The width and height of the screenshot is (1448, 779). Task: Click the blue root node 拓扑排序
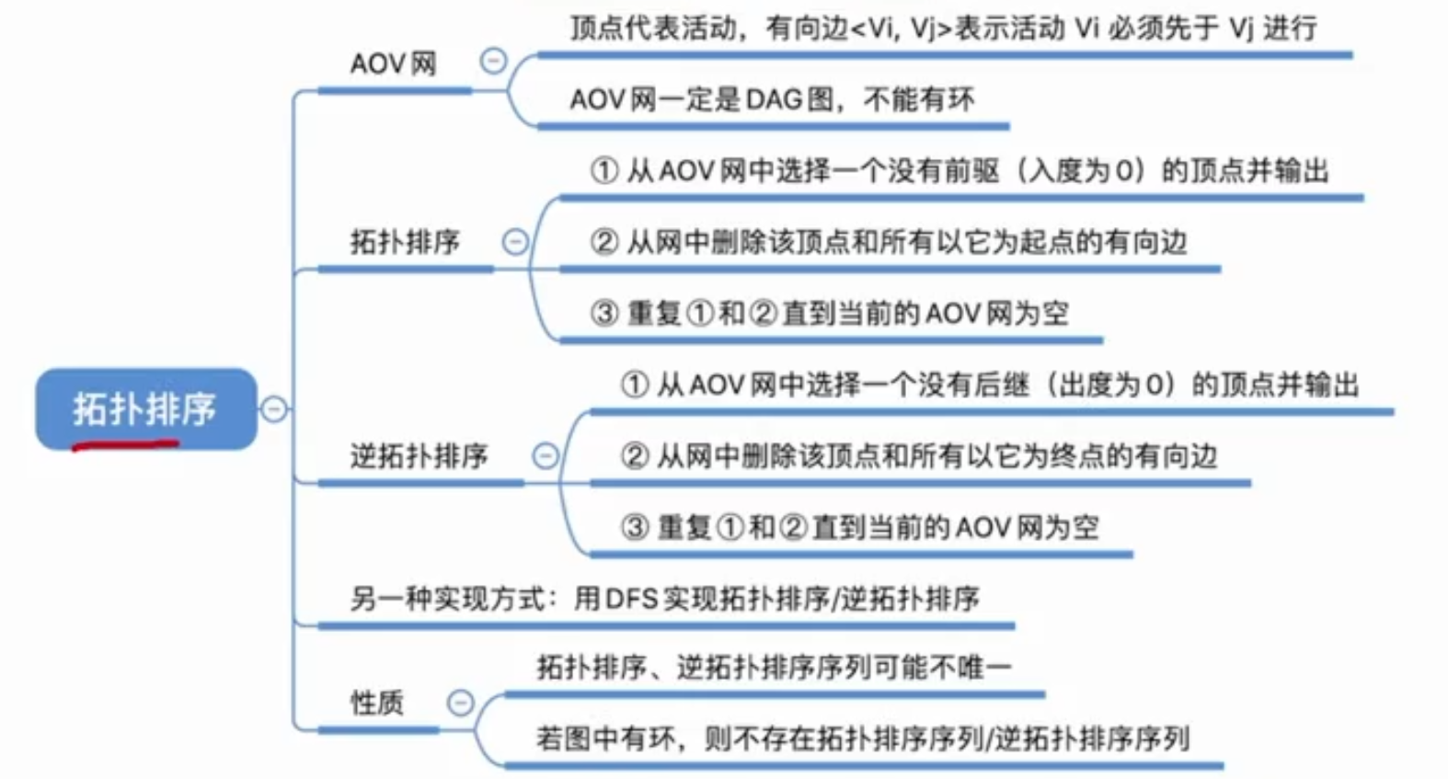coord(145,408)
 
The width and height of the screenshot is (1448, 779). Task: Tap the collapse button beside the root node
coord(273,408)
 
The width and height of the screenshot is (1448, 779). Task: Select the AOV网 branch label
coord(393,64)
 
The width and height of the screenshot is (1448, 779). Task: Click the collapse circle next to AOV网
coord(493,62)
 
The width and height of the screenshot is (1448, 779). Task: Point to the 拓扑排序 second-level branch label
coord(404,242)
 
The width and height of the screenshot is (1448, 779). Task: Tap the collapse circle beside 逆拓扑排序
coord(546,455)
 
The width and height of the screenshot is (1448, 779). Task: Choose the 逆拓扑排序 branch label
coord(419,455)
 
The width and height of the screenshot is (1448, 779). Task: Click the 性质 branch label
coord(376,703)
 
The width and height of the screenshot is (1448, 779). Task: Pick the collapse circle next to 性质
coord(460,703)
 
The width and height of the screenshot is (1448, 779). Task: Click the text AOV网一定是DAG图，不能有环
coord(772,99)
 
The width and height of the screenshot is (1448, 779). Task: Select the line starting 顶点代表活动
coord(943,29)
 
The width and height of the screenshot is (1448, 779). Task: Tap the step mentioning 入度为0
coord(959,171)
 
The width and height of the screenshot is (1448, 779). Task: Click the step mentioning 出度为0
coord(989,384)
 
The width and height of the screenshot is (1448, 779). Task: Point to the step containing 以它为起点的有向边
coord(888,242)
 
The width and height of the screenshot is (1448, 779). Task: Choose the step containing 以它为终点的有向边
coord(918,455)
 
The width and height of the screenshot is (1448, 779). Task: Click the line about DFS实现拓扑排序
coord(664,599)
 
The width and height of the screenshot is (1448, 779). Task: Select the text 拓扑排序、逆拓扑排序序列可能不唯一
coord(773,667)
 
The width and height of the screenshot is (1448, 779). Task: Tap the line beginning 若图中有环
coord(862,738)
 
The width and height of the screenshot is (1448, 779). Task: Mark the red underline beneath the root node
coord(125,446)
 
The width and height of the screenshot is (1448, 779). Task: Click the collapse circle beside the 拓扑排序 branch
coord(515,242)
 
